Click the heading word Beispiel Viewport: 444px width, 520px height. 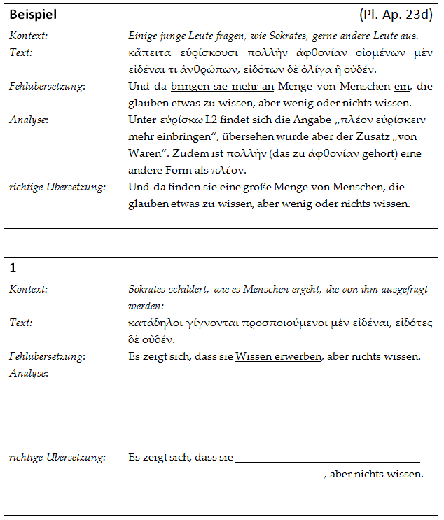tap(33, 15)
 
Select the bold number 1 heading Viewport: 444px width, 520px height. tap(13, 268)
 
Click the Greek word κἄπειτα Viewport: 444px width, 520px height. tap(151, 53)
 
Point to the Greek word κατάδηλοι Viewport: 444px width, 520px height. tap(153, 323)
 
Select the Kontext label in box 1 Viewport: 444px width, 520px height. tap(28, 289)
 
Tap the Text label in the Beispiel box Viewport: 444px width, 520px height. tap(20, 52)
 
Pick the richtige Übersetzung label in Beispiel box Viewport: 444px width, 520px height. tap(57, 187)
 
